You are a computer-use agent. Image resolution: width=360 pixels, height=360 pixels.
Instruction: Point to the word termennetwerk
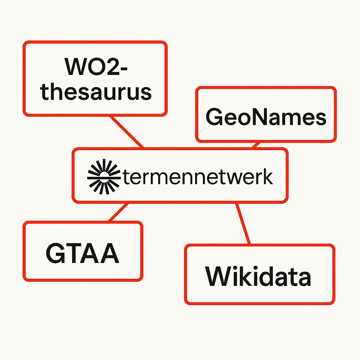click(x=198, y=176)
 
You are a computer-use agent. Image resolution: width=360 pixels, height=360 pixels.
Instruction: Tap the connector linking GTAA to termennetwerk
click(x=119, y=212)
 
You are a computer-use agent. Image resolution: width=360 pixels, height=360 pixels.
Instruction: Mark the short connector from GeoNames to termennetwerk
click(x=256, y=145)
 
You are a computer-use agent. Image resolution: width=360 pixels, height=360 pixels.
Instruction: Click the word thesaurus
click(x=96, y=92)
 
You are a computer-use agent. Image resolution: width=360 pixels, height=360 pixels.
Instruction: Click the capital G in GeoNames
click(x=214, y=117)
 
